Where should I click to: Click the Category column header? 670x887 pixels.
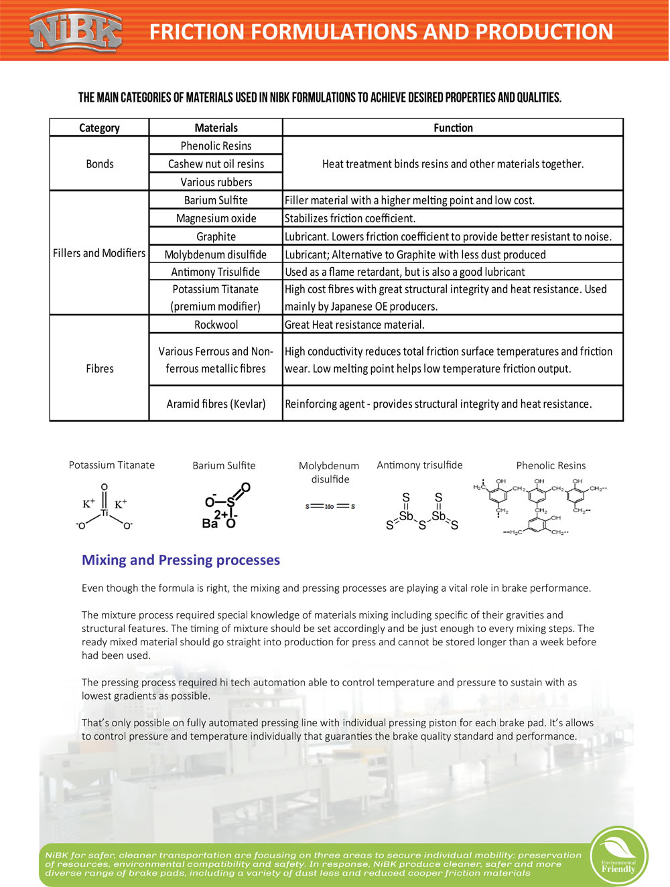tap(99, 128)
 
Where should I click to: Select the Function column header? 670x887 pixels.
tap(453, 128)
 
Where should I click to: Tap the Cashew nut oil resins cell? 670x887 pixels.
tap(216, 164)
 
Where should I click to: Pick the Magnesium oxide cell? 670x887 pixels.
tap(216, 218)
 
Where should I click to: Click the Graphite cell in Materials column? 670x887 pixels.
tap(216, 236)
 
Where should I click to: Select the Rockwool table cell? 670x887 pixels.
tap(216, 325)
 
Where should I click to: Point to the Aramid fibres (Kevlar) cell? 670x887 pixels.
tap(216, 404)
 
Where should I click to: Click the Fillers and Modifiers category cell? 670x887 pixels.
tap(99, 253)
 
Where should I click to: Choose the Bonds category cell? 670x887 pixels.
tap(99, 164)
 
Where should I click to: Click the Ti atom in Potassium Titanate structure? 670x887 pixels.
tap(105, 513)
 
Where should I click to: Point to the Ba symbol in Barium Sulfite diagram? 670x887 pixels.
tap(210, 523)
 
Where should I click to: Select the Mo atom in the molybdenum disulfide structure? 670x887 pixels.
tap(329, 507)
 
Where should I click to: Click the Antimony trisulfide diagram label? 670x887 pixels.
tap(419, 465)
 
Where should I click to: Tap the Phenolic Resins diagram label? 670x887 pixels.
tap(551, 466)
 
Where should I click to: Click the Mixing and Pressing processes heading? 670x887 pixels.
tap(181, 560)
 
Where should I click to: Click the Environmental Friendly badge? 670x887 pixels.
tap(618, 857)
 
